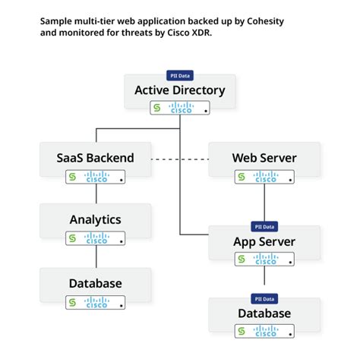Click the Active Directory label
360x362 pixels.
[x=180, y=90]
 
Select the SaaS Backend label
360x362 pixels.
[x=95, y=158]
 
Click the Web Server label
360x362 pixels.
[x=264, y=158]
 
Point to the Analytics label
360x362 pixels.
[x=95, y=219]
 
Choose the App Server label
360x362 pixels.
[x=264, y=242]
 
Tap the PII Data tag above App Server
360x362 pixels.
[x=264, y=227]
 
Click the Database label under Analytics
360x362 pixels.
[x=95, y=283]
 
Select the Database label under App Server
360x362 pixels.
[x=264, y=313]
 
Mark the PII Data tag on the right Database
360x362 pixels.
[x=264, y=297]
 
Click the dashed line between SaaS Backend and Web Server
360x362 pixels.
[x=179, y=159]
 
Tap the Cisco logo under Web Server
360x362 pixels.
[x=265, y=177]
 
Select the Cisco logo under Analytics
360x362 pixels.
[x=96, y=238]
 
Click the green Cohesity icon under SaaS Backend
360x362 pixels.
[x=73, y=177]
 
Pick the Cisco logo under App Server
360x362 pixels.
[x=265, y=260]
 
